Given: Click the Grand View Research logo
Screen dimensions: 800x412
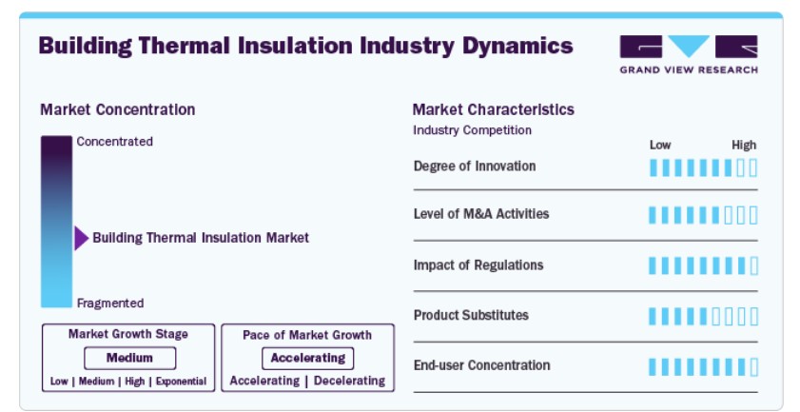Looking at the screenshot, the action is click(x=689, y=54).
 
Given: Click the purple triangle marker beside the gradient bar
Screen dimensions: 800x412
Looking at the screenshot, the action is click(x=82, y=238).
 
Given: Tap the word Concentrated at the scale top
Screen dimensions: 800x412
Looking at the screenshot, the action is click(x=115, y=142).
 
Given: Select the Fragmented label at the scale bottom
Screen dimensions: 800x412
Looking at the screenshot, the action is click(x=110, y=304).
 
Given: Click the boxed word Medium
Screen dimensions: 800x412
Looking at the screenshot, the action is click(x=129, y=358).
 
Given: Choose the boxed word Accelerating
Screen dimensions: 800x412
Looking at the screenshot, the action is click(x=307, y=359).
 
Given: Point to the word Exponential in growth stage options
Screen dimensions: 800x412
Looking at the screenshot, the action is click(x=181, y=382).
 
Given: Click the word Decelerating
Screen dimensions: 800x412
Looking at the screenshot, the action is click(x=349, y=381).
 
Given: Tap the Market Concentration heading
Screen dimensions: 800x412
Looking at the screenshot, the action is click(x=118, y=109).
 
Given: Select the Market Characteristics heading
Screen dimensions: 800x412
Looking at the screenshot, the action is click(x=494, y=109).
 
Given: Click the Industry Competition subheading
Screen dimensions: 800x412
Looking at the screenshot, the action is click(x=473, y=130).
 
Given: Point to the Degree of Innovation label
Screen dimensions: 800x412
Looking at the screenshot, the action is click(x=475, y=166).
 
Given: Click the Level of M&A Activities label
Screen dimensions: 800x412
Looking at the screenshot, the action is click(x=481, y=214).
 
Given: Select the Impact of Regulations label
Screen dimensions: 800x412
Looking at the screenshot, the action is click(x=478, y=265).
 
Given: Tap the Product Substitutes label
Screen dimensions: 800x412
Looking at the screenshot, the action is click(x=471, y=315).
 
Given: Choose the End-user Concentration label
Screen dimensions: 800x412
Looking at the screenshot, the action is click(x=481, y=365).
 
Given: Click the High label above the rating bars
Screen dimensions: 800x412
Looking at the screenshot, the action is click(x=744, y=146).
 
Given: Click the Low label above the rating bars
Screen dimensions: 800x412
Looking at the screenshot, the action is click(x=660, y=146).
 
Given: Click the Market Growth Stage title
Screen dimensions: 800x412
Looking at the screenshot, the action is click(x=128, y=334).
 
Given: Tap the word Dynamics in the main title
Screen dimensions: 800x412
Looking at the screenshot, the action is click(x=517, y=46).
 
